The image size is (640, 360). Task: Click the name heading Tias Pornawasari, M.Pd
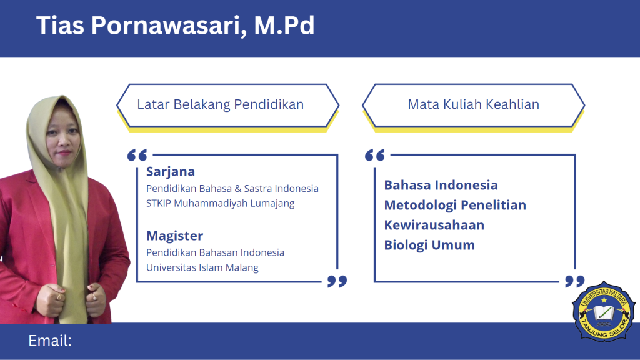click(x=175, y=25)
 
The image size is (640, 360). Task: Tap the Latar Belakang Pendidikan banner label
click(x=221, y=104)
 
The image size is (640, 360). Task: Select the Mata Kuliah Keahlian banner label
click(x=474, y=104)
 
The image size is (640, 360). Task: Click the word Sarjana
click(x=171, y=172)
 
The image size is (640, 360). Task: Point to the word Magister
click(x=175, y=236)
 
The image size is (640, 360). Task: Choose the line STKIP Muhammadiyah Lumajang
click(x=221, y=203)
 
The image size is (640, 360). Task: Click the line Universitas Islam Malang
click(x=202, y=267)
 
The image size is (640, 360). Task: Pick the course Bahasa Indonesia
click(x=441, y=185)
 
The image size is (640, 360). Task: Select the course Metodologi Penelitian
click(x=455, y=205)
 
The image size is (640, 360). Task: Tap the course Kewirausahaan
click(x=434, y=225)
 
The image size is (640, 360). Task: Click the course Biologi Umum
click(x=429, y=245)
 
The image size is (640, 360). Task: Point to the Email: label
click(x=50, y=341)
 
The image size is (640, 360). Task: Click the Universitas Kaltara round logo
click(x=604, y=311)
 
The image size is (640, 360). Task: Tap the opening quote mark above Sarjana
click(x=137, y=155)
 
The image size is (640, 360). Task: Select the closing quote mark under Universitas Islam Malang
click(x=337, y=281)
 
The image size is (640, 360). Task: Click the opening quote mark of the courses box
click(x=375, y=155)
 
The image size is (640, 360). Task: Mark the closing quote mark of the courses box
click(x=575, y=281)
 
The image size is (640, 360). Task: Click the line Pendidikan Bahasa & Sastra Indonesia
click(x=232, y=189)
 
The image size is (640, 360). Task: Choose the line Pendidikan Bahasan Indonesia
click(x=215, y=252)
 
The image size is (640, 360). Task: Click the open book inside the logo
click(x=604, y=313)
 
